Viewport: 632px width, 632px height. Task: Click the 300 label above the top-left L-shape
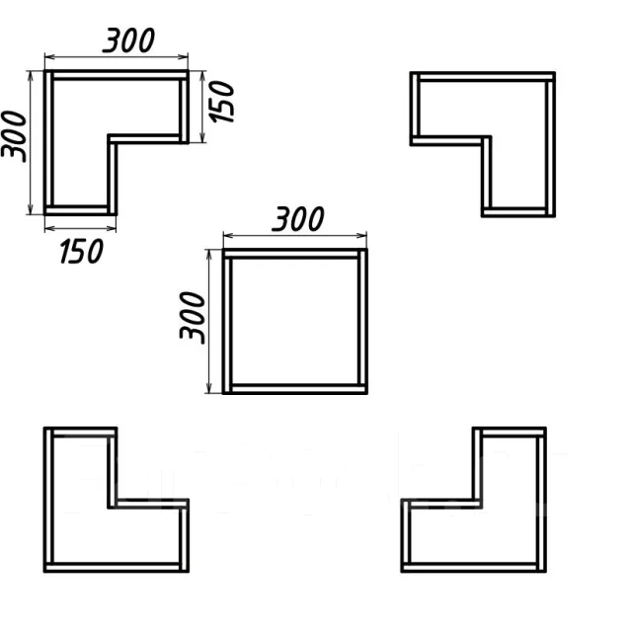pyautogui.click(x=129, y=40)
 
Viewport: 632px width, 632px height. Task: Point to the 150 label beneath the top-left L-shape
pyautogui.click(x=81, y=251)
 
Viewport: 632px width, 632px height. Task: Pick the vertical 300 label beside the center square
pyautogui.click(x=193, y=317)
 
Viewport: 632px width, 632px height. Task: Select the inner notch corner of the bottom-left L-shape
pyautogui.click(x=114, y=504)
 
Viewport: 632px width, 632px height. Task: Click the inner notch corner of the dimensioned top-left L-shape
pyautogui.click(x=112, y=139)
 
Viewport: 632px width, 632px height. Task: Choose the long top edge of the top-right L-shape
pyautogui.click(x=483, y=75)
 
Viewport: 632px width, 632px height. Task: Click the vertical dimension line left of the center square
pyautogui.click(x=209, y=321)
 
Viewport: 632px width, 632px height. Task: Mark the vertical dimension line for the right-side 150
pyautogui.click(x=202, y=106)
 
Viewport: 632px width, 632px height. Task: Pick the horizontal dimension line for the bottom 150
pyautogui.click(x=81, y=228)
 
